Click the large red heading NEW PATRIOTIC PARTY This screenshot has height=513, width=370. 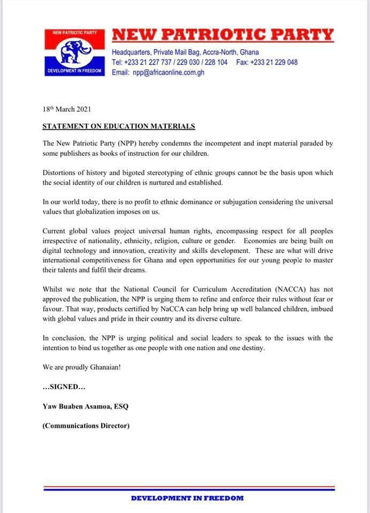point(222,35)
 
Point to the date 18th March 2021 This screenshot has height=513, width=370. point(67,109)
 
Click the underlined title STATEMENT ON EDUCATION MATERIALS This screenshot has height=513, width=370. point(119,127)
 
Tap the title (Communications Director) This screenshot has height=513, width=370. point(86,426)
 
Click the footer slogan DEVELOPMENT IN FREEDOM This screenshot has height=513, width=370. point(187,498)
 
